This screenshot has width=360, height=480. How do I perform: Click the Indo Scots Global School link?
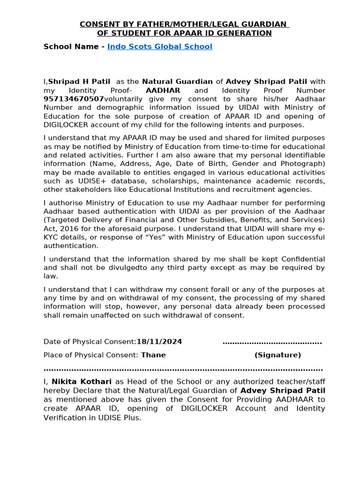(x=159, y=46)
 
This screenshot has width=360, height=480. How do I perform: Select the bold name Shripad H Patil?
(x=79, y=82)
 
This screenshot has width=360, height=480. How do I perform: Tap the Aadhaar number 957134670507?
(x=74, y=99)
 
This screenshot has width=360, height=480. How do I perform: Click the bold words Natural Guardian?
(x=177, y=82)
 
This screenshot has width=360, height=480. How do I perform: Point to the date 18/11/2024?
(x=159, y=342)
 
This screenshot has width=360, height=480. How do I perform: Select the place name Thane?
(x=153, y=355)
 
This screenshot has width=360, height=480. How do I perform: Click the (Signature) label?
(x=277, y=355)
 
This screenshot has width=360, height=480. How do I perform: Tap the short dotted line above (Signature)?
(x=272, y=342)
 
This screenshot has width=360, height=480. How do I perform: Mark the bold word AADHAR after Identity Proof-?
(x=163, y=90)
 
